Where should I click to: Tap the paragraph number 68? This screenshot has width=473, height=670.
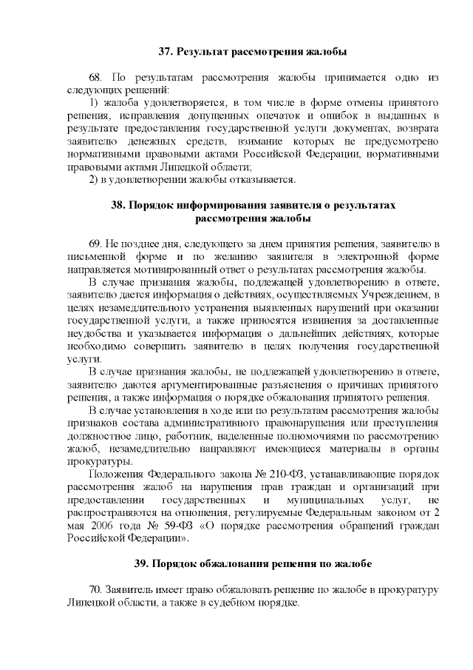tap(95, 77)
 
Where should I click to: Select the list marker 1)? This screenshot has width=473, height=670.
tap(94, 101)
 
